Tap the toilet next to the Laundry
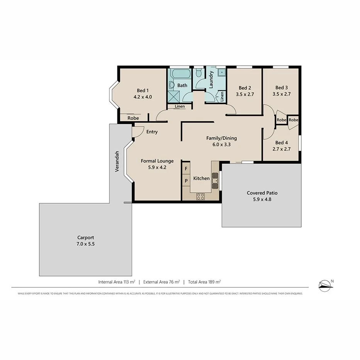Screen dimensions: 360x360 [x=199, y=73]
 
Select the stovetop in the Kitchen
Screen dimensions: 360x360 [x=200, y=196]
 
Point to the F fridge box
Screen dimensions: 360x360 [x=186, y=169]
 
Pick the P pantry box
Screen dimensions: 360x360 [x=186, y=180]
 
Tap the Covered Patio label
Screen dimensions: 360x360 [x=262, y=193]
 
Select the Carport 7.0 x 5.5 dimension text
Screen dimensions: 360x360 [x=85, y=244]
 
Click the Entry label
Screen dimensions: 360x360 [x=152, y=132]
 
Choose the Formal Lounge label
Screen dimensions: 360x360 [x=157, y=161]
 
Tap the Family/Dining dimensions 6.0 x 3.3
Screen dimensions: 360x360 [x=221, y=145]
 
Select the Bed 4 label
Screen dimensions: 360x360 [x=281, y=142]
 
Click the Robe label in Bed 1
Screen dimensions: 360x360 [x=133, y=118]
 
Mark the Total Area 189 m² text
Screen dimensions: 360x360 [x=204, y=282]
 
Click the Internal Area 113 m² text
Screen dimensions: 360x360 [x=116, y=282]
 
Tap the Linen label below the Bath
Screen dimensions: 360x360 [x=180, y=106]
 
